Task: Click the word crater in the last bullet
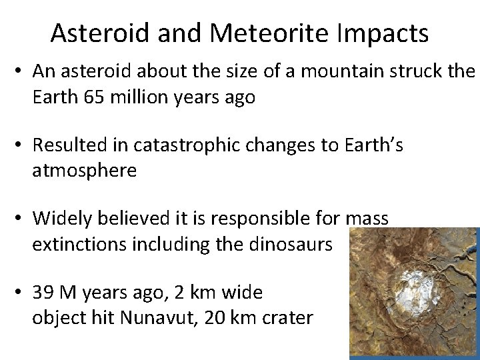pos(291,317)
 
